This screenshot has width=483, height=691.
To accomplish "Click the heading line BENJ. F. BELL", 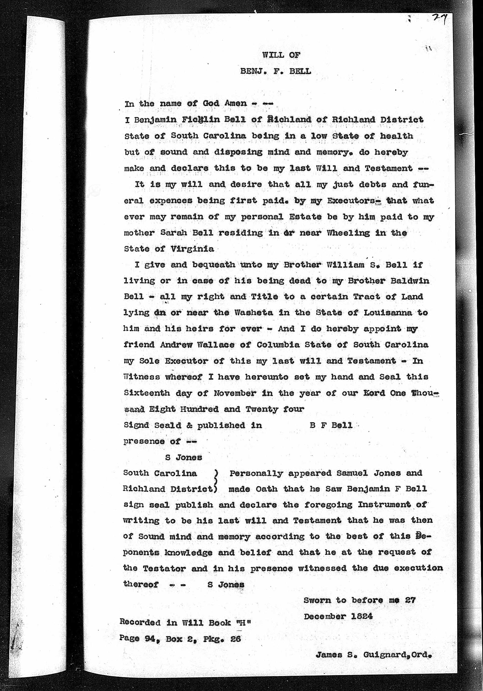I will pos(275,71).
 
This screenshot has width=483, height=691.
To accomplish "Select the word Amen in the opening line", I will pos(236,103).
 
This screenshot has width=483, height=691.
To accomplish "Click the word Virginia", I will pos(192,249).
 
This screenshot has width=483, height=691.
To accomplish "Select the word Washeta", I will pos(254,313).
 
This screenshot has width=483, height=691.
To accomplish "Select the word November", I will pos(235,393).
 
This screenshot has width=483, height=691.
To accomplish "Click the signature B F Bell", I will pos(331,425).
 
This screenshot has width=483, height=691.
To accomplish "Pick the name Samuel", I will pos(352,473).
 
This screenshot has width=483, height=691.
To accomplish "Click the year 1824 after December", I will pos(362,616).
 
